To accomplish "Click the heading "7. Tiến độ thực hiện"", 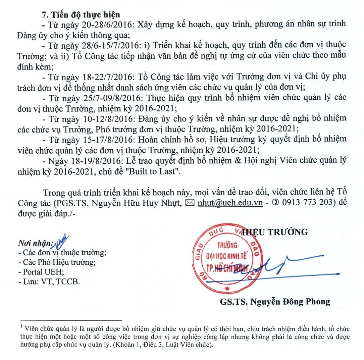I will pos(81,15).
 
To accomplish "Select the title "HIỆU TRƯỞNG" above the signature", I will pos(275,232).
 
